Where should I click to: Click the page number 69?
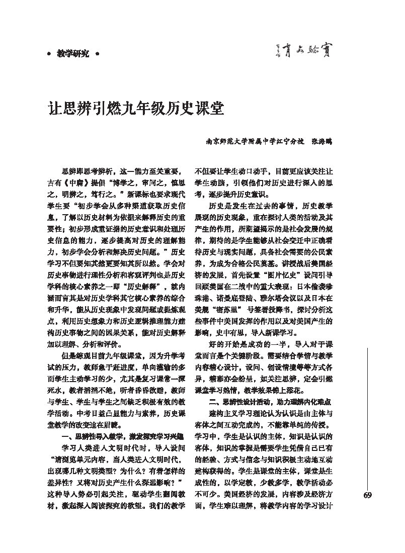point(367,496)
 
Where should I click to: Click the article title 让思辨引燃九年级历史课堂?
point(136,109)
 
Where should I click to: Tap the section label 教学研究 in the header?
point(72,53)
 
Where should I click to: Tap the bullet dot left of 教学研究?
point(48,53)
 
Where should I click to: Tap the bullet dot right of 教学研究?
point(97,53)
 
